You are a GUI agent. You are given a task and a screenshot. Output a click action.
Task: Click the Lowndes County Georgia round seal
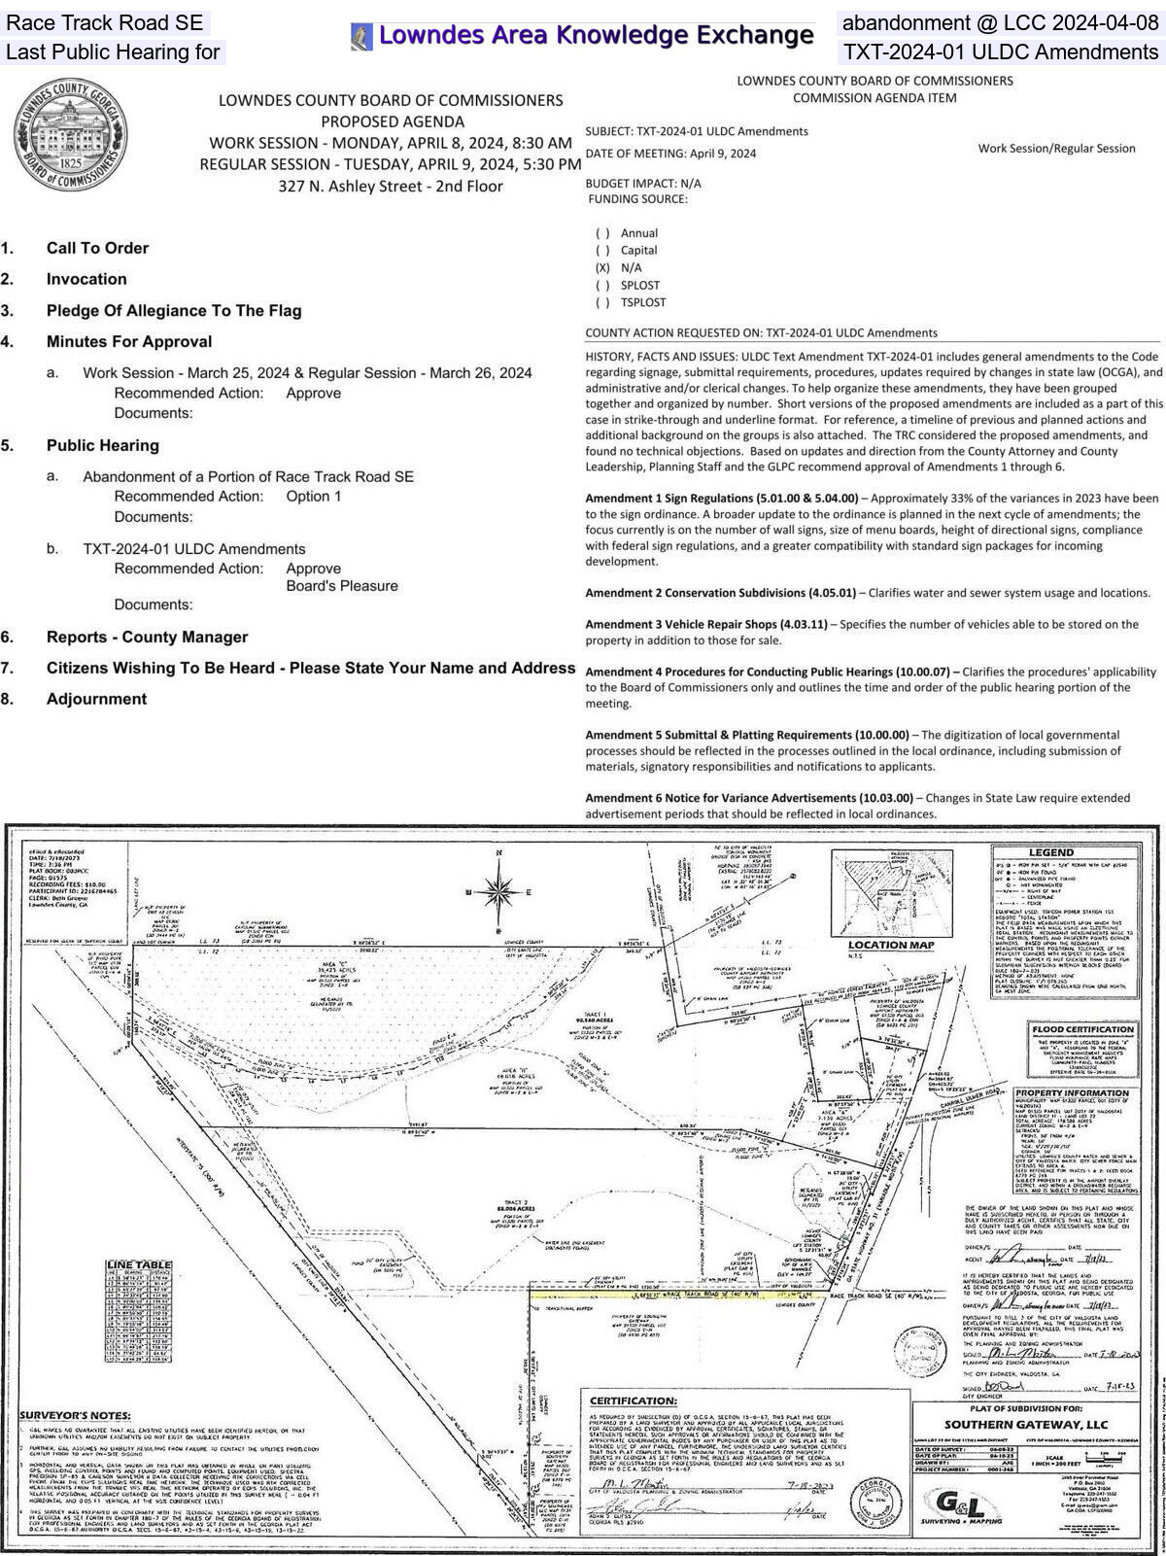(70, 136)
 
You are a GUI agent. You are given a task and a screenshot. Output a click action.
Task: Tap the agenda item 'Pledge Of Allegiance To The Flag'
(174, 311)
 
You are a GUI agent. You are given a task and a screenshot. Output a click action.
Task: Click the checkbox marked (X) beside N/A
(602, 267)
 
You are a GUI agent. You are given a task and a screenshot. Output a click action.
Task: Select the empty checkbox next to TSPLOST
(602, 302)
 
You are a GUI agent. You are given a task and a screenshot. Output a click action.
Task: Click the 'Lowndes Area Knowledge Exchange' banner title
(595, 36)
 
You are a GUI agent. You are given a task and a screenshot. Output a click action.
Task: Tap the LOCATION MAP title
(891, 945)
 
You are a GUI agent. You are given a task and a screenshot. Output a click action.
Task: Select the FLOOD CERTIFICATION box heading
(1084, 1029)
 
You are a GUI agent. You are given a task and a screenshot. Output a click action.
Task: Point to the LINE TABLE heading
(139, 1264)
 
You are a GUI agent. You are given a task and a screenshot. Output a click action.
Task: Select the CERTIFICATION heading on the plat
(634, 1400)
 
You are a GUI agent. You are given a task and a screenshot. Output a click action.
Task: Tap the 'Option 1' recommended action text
(314, 497)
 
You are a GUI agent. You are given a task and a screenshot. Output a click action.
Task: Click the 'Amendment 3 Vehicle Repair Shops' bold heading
(705, 624)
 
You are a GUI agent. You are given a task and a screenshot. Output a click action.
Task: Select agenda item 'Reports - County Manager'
(147, 638)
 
